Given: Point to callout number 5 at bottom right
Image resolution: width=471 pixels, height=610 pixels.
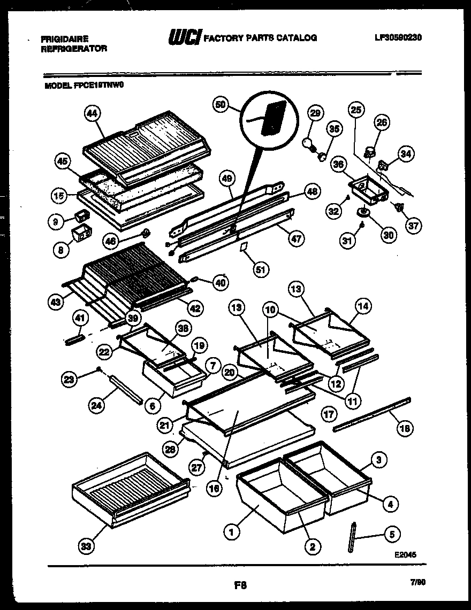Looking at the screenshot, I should point(392,534).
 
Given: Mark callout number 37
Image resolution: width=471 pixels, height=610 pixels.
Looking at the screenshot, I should point(413,226).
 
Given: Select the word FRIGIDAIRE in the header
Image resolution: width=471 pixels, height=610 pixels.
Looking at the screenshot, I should point(65,38).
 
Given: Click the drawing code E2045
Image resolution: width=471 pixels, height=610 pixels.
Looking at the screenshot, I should point(405,554).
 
